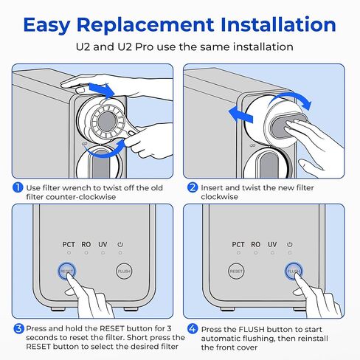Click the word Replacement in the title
(x=145, y=25)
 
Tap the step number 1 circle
(x=18, y=188)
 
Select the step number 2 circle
(x=193, y=187)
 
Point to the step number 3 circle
(x=18, y=329)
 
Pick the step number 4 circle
(x=193, y=329)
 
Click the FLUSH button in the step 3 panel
(x=124, y=271)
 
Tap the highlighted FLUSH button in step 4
(x=294, y=271)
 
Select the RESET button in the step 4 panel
(x=236, y=271)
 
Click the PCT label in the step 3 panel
(x=69, y=245)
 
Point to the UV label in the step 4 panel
(x=272, y=245)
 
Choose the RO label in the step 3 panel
(x=86, y=245)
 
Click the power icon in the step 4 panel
(x=290, y=244)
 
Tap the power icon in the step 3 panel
(x=120, y=244)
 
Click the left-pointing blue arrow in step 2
(x=240, y=115)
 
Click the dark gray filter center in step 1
(x=106, y=122)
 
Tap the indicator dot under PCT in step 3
(x=69, y=253)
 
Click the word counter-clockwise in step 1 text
(x=80, y=197)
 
